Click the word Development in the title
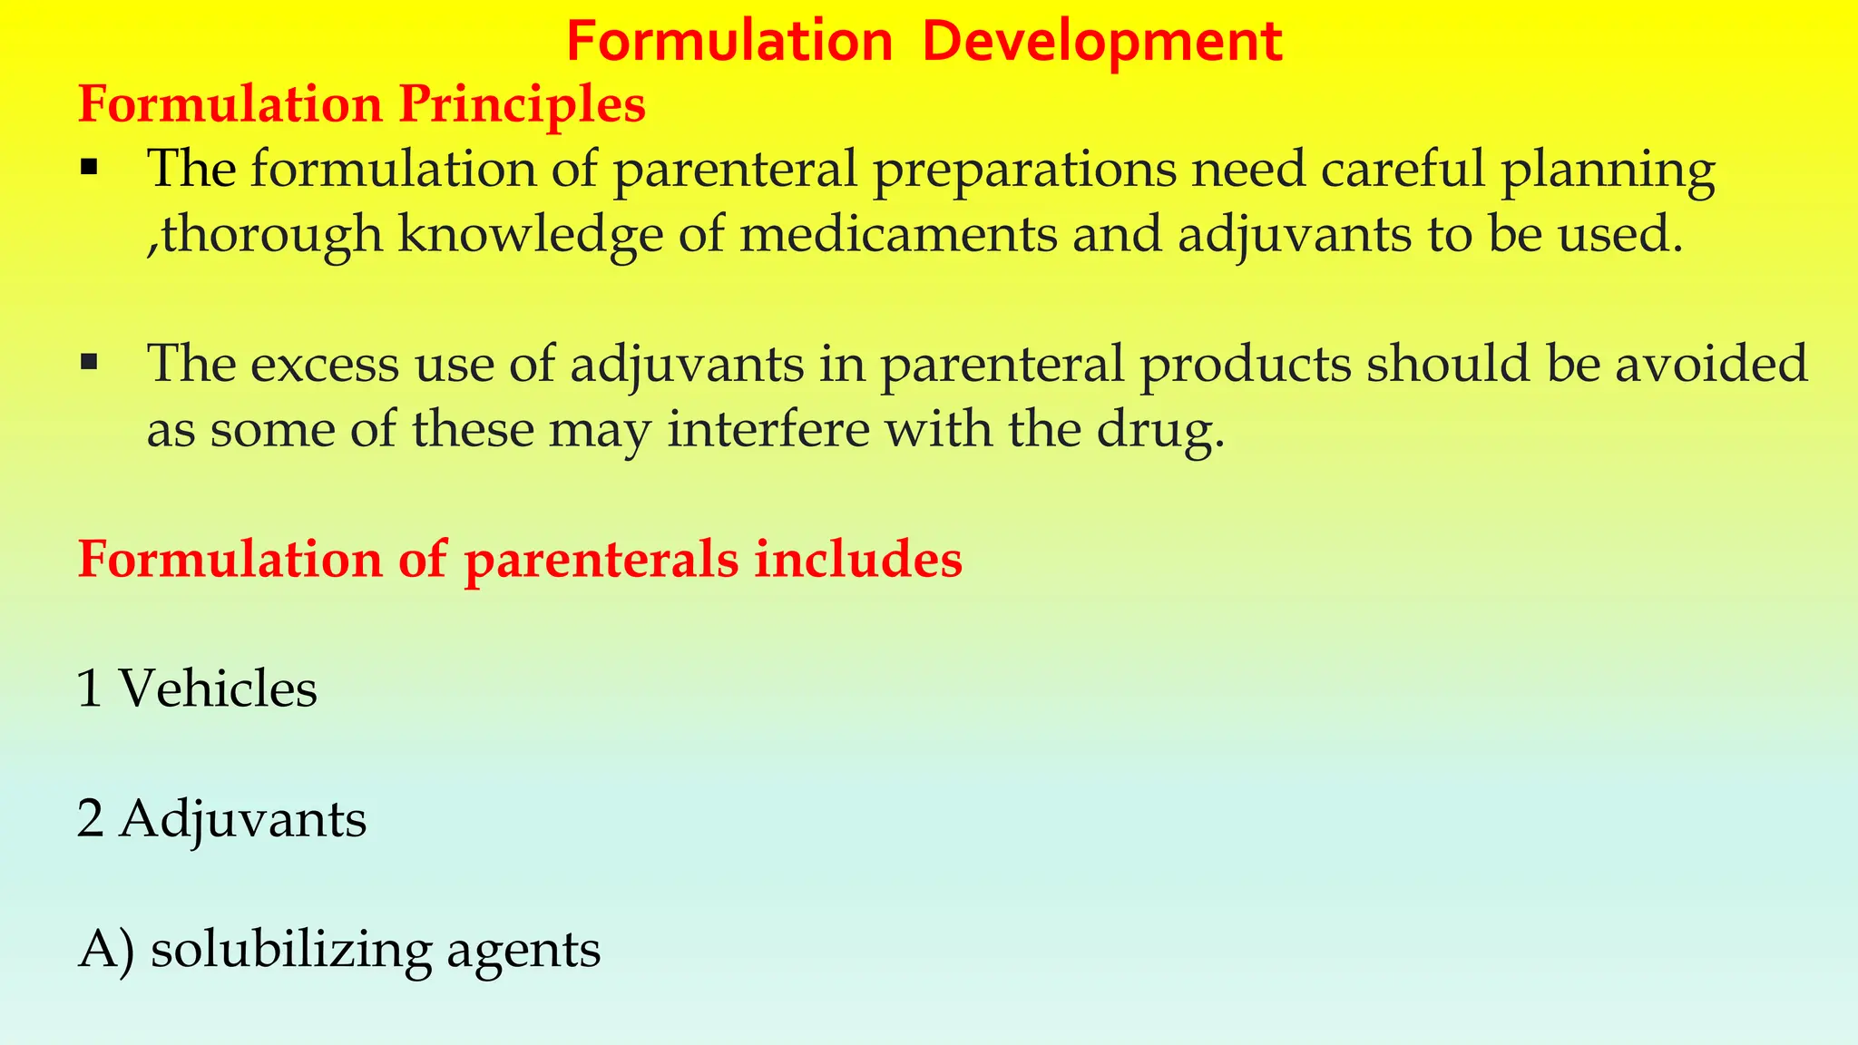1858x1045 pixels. (1101, 42)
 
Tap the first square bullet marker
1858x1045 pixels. (89, 168)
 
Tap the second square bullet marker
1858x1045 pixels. (89, 363)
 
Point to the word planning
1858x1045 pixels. (1608, 171)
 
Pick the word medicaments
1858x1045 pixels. (898, 233)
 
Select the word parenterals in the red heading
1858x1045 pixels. (601, 561)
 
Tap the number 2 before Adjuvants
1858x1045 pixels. (90, 818)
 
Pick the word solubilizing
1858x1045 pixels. (291, 950)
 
